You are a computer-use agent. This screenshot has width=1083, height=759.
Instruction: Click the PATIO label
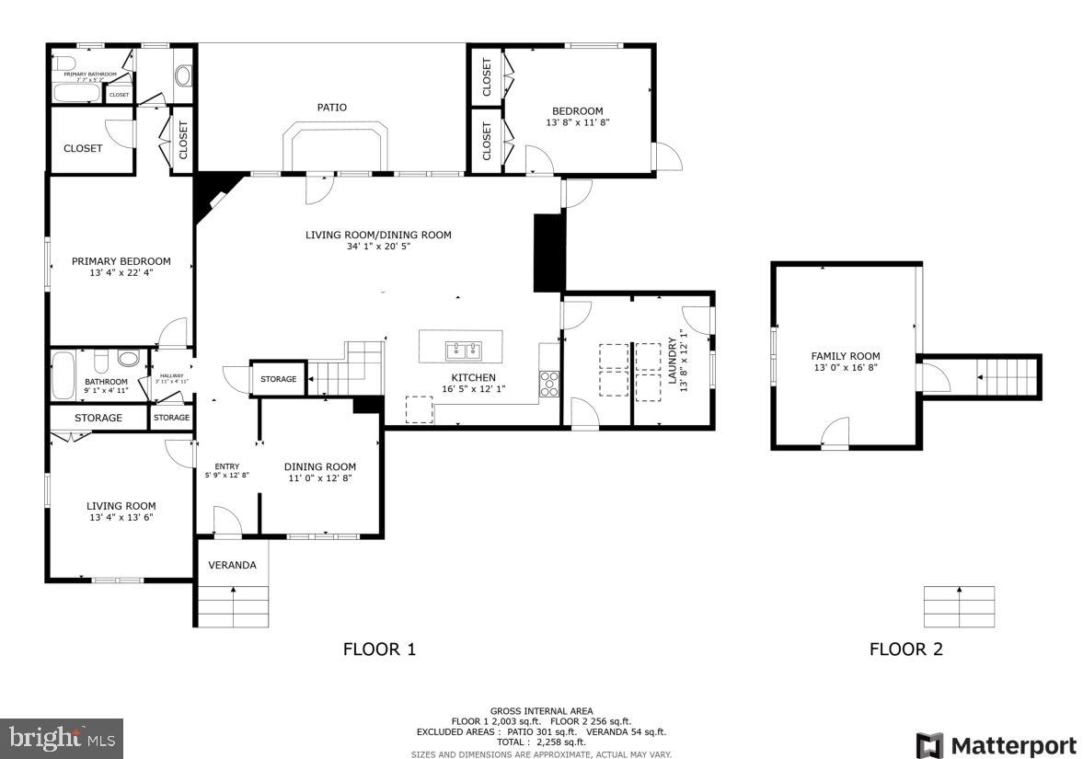click(x=332, y=108)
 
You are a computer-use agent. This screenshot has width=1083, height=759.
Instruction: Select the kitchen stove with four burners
click(x=549, y=383)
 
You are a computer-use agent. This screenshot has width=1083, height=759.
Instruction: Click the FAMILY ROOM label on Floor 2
click(x=845, y=356)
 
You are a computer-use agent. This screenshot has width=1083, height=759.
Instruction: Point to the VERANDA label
click(x=232, y=565)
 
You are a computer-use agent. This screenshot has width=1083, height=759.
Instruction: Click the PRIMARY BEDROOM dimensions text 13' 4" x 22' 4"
click(x=121, y=273)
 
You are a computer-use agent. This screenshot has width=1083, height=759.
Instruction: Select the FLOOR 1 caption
click(x=379, y=650)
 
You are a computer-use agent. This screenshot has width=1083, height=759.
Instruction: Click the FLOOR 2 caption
click(x=905, y=650)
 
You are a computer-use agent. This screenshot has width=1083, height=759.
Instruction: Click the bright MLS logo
click(x=62, y=738)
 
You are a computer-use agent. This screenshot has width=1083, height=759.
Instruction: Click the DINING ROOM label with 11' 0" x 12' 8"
click(x=319, y=466)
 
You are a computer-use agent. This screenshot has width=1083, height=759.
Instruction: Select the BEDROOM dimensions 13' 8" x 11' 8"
click(x=578, y=122)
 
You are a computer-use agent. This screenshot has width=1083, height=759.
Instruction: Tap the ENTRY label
click(x=226, y=466)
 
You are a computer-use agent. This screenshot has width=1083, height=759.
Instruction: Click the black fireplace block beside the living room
click(x=547, y=252)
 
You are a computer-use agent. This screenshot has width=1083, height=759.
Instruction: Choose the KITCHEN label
click(x=473, y=377)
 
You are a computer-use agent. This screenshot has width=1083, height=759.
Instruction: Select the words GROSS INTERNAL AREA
click(x=541, y=710)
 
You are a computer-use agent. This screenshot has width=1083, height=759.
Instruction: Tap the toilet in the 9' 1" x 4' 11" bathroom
click(x=129, y=359)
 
